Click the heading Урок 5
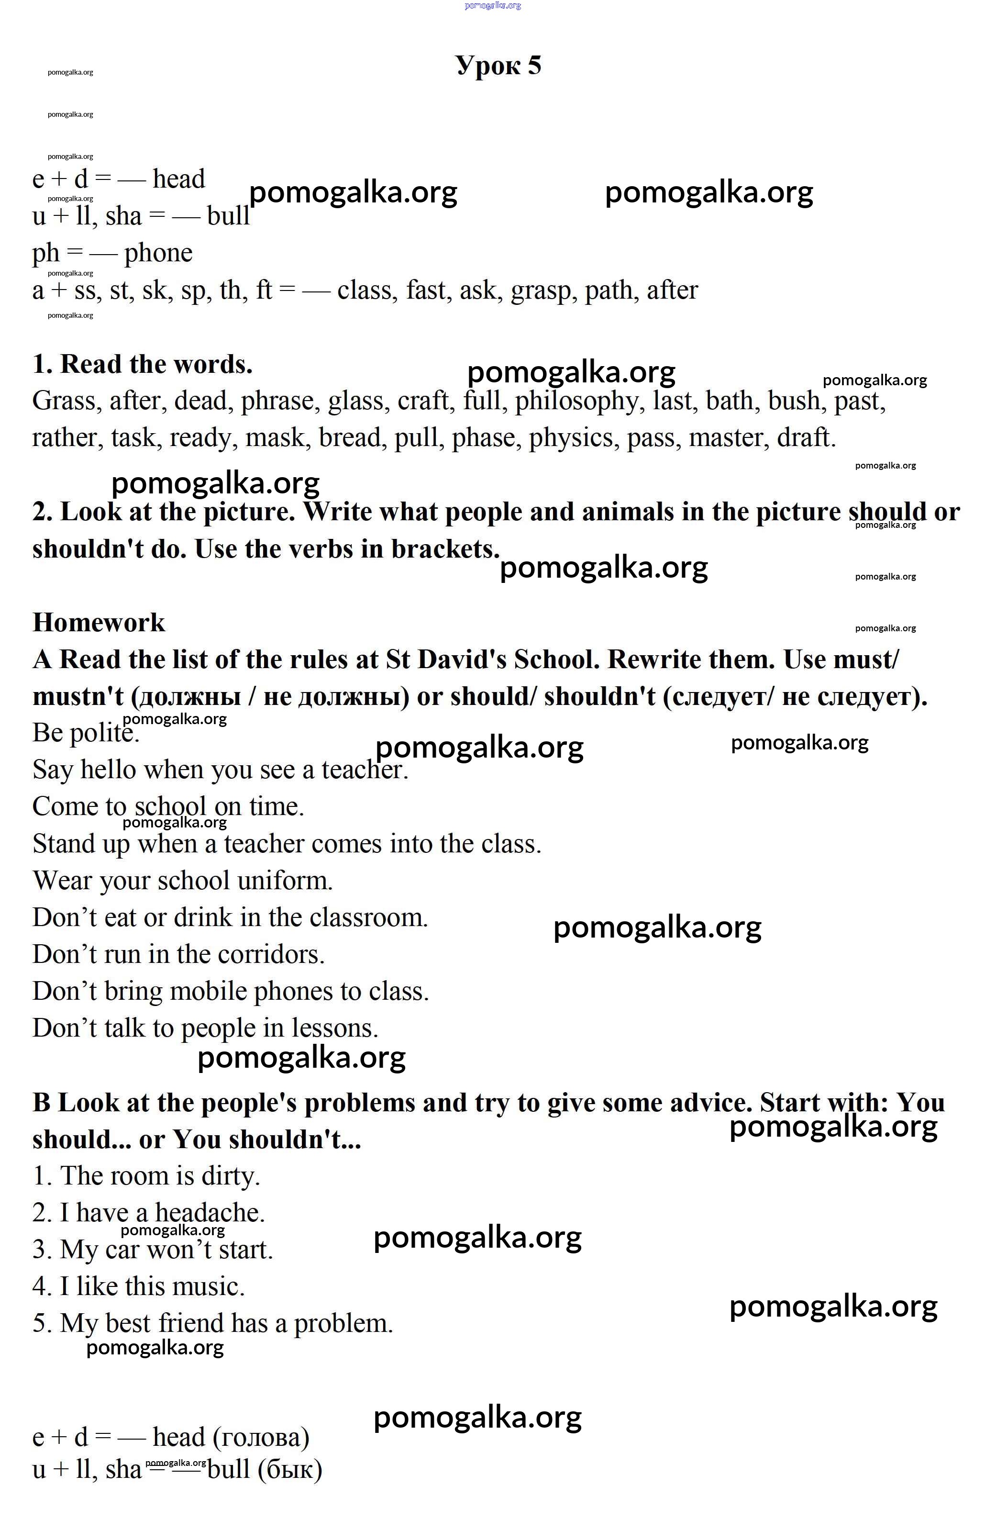pos(498,65)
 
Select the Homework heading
pos(99,623)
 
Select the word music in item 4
pos(210,1287)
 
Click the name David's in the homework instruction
pos(462,659)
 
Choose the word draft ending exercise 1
pos(806,438)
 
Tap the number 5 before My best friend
pos(41,1324)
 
